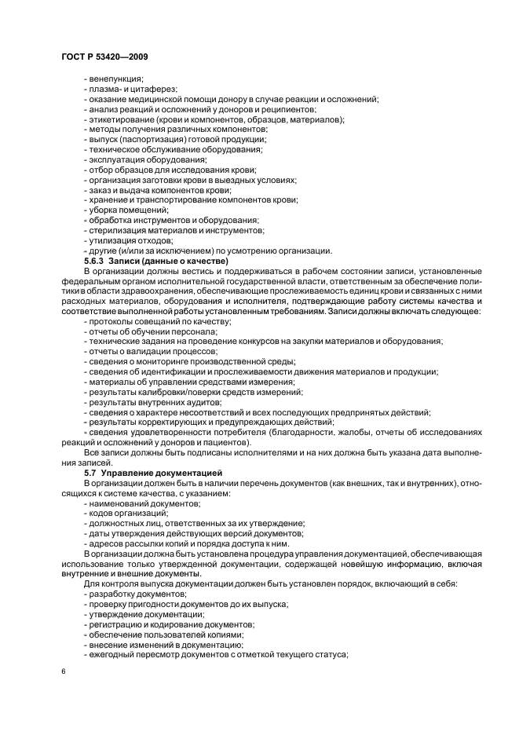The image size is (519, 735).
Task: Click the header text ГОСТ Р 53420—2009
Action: click(x=104, y=58)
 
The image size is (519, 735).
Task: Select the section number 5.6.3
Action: click(x=94, y=260)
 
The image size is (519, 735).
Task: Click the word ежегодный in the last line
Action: click(x=111, y=654)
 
